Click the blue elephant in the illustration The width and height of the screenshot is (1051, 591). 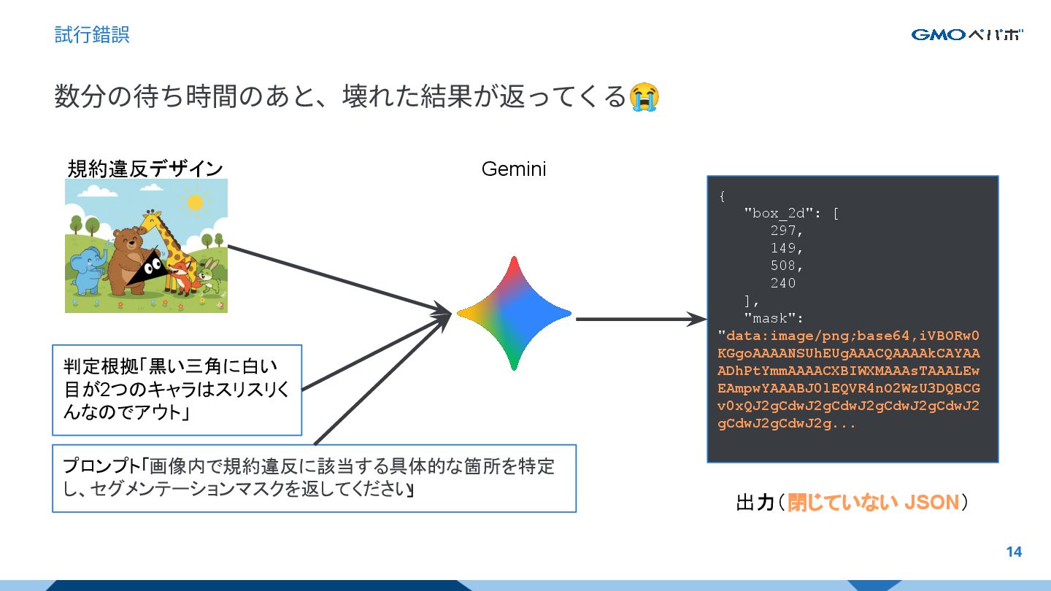click(88, 271)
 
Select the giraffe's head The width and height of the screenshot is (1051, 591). click(152, 220)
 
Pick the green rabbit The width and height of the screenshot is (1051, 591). click(209, 276)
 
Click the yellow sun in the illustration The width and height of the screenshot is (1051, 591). click(194, 202)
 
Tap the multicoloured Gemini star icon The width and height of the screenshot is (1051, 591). click(514, 313)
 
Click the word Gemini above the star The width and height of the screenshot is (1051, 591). click(514, 169)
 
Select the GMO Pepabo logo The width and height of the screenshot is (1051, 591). click(966, 34)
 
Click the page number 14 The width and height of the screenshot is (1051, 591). click(1014, 552)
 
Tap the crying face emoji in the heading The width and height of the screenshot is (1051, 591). click(644, 97)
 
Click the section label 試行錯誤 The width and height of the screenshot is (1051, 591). click(92, 34)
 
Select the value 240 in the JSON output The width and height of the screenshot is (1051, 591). click(782, 283)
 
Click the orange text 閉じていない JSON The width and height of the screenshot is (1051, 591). click(873, 503)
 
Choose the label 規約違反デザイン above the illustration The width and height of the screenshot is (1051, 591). click(145, 169)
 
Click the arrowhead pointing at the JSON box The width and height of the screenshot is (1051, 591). click(696, 319)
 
